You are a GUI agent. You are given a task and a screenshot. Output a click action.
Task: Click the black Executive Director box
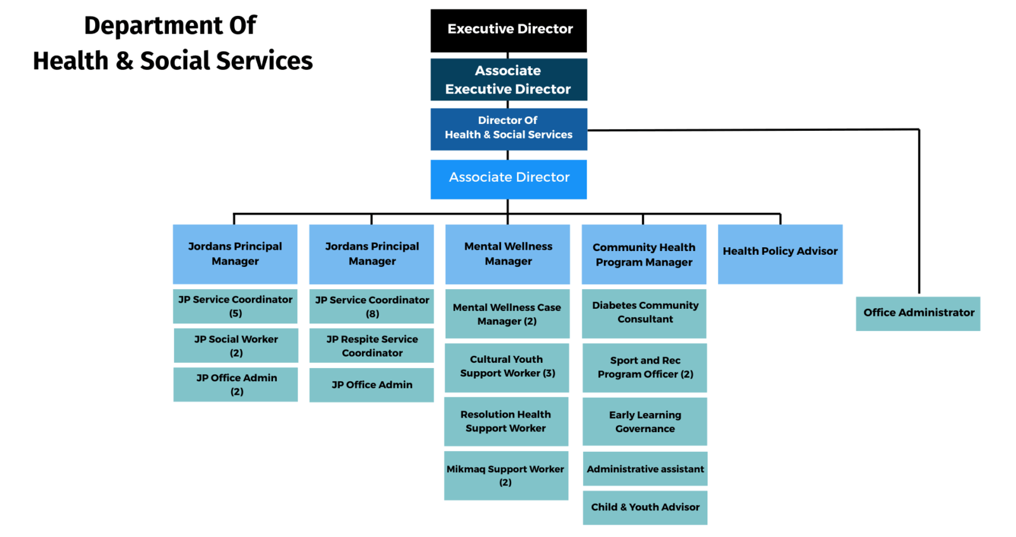point(508,30)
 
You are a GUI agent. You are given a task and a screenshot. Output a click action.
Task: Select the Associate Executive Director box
point(508,79)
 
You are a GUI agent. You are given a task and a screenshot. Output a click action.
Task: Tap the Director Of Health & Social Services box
point(508,128)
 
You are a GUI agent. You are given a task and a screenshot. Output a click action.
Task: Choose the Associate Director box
point(508,179)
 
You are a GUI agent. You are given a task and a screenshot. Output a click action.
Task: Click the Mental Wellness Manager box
point(507,254)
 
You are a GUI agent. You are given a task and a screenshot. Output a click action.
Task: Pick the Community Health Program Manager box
point(643,254)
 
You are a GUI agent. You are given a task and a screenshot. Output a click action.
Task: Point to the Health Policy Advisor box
point(780,254)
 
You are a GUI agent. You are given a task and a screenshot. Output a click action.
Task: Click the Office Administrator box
point(918,313)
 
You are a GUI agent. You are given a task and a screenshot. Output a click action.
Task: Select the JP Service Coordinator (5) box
point(235,306)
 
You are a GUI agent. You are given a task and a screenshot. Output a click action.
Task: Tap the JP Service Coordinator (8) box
point(371,306)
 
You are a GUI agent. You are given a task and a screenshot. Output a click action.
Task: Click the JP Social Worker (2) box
point(236,346)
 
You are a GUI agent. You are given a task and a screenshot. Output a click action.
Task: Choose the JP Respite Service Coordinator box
point(371,346)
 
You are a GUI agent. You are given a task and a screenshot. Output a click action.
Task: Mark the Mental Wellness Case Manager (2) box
point(507,314)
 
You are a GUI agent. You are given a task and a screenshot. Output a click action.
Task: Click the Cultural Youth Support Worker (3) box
point(507,367)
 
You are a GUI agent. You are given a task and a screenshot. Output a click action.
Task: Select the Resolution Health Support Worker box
point(505,421)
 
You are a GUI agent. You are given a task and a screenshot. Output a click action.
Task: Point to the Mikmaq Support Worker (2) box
point(505,475)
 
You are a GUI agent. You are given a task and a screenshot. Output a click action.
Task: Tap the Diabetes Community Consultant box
point(645,313)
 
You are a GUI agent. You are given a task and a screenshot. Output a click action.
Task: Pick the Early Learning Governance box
point(645,421)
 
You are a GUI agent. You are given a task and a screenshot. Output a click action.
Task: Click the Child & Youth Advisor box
point(645,507)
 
